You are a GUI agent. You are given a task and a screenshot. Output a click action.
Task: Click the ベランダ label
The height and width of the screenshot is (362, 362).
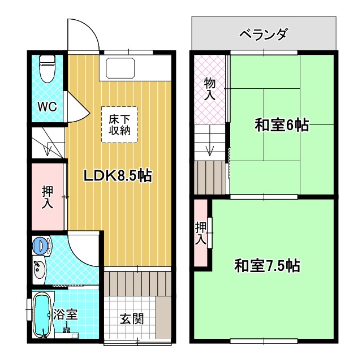tap(264, 34)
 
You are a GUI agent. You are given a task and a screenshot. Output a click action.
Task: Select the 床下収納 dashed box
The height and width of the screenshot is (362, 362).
tap(119, 124)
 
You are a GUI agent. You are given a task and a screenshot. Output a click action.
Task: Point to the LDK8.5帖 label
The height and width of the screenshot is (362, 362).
tap(118, 176)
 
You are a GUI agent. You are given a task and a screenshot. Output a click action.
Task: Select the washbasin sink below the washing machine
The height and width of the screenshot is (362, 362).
tap(38, 269)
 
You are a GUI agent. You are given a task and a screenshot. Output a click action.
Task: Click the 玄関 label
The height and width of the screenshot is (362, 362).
tap(131, 318)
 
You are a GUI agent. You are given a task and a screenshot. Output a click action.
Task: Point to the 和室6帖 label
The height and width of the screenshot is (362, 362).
tap(281, 126)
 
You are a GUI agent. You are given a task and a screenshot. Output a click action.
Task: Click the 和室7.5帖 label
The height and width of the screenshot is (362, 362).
tap(267, 265)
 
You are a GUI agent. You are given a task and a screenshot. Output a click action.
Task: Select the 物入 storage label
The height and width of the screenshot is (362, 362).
tap(209, 89)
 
